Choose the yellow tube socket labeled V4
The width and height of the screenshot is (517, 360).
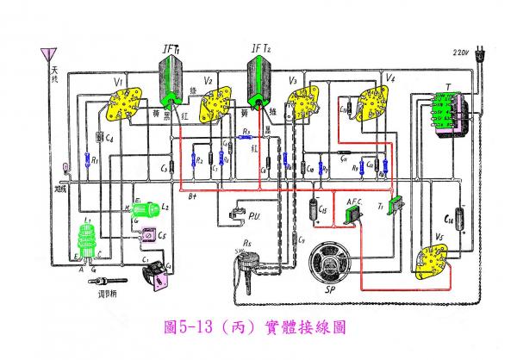[x=377, y=103]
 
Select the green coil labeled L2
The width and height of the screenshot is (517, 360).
[x=144, y=208]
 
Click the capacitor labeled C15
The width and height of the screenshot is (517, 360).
[x=314, y=209]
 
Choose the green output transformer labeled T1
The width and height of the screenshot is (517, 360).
[x=396, y=206]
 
